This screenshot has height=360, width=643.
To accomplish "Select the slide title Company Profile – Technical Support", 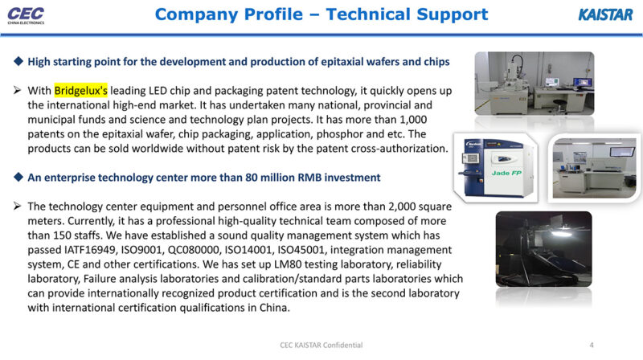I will click(x=321, y=14).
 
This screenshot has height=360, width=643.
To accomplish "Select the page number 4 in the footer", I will click(x=592, y=345).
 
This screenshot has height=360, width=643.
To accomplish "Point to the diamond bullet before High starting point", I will click(x=19, y=62).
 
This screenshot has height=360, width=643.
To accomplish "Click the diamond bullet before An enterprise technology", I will click(x=19, y=177).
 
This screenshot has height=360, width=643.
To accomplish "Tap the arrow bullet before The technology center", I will click(x=19, y=207).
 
